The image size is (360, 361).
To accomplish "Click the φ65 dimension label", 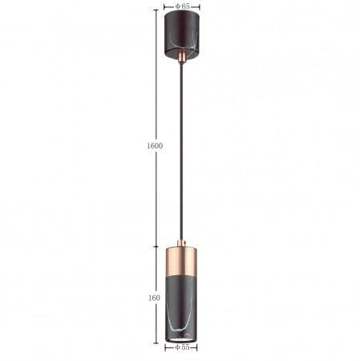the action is [x=182, y=6].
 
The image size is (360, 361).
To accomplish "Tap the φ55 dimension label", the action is [x=182, y=347].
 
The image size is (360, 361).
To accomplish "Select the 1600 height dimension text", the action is [x=155, y=146].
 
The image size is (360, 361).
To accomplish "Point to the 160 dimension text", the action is [x=154, y=298].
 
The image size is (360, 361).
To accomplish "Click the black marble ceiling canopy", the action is [x=182, y=34].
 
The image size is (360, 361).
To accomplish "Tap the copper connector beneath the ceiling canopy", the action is [x=182, y=57].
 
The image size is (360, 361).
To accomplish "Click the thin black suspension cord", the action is [x=182, y=152].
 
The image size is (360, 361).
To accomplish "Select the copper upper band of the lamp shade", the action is [x=181, y=262].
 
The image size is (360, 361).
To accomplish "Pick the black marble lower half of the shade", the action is [x=181, y=309].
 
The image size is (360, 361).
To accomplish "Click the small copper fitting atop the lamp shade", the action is [x=182, y=244].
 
